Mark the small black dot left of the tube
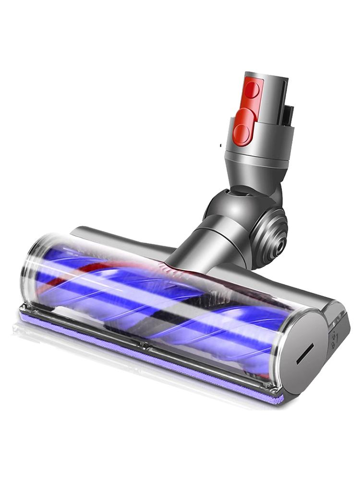click(x=219, y=144)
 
